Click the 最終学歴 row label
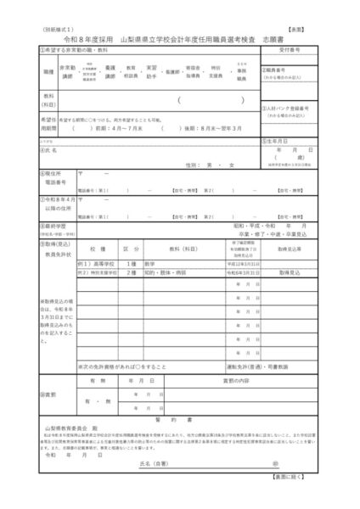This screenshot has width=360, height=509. click(x=53, y=227)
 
